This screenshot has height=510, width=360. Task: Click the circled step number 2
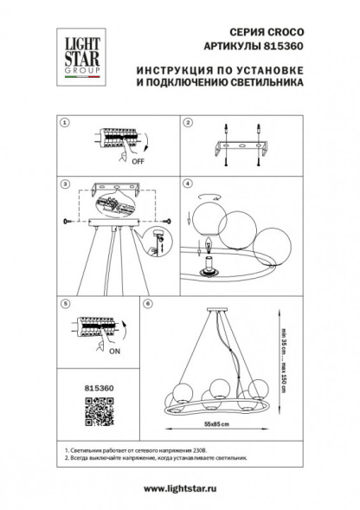(187, 124)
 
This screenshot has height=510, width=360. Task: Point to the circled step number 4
(187, 184)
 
